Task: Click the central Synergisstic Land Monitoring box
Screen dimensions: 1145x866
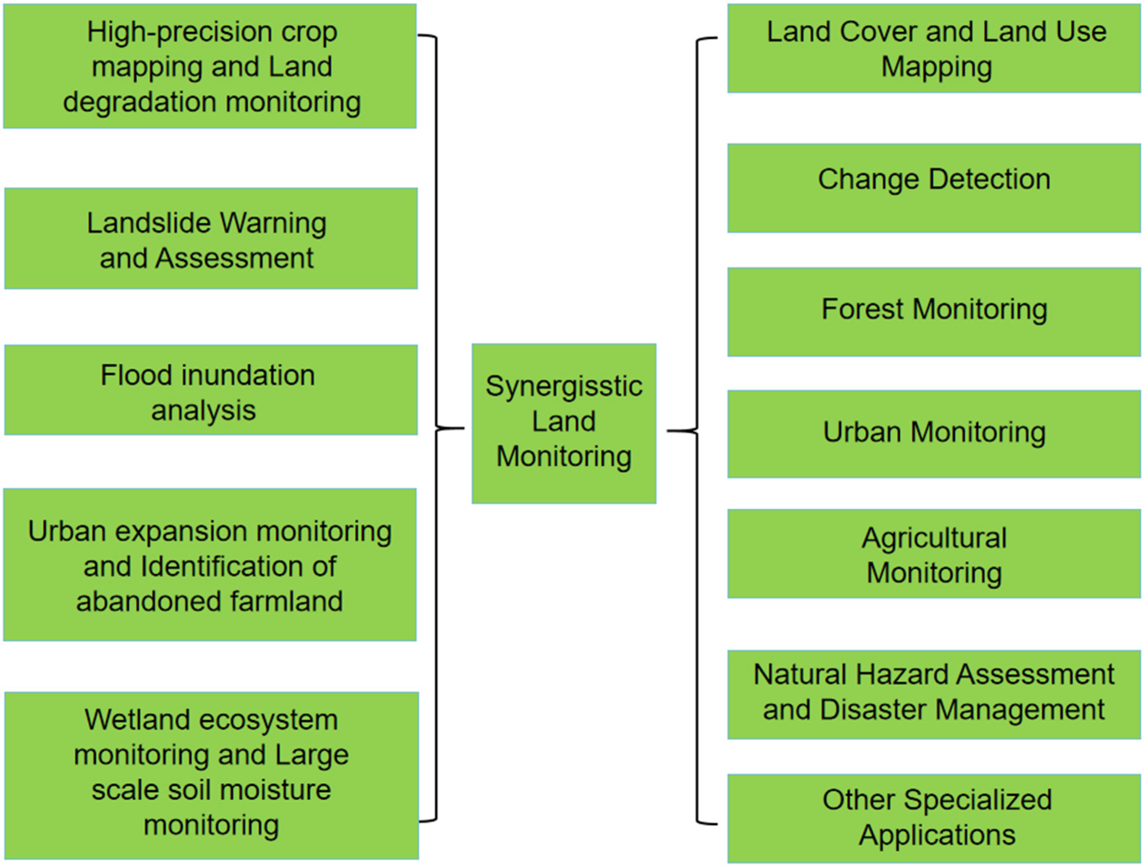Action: click(564, 423)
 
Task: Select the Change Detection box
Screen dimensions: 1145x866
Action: click(934, 188)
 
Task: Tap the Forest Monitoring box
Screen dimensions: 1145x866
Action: click(934, 312)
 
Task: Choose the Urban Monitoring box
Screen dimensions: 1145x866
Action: click(934, 434)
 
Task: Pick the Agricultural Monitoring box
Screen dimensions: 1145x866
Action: click(934, 553)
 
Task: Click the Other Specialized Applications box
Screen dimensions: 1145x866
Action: click(934, 818)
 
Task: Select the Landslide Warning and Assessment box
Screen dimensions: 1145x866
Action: click(211, 238)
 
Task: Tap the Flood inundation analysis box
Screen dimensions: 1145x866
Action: click(211, 390)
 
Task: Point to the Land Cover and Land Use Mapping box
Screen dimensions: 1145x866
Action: click(934, 48)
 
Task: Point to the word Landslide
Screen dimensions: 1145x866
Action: click(151, 223)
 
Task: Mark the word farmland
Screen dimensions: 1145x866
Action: click(286, 601)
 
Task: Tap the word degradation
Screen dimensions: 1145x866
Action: click(140, 102)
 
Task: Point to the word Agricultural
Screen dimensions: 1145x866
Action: click(934, 538)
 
